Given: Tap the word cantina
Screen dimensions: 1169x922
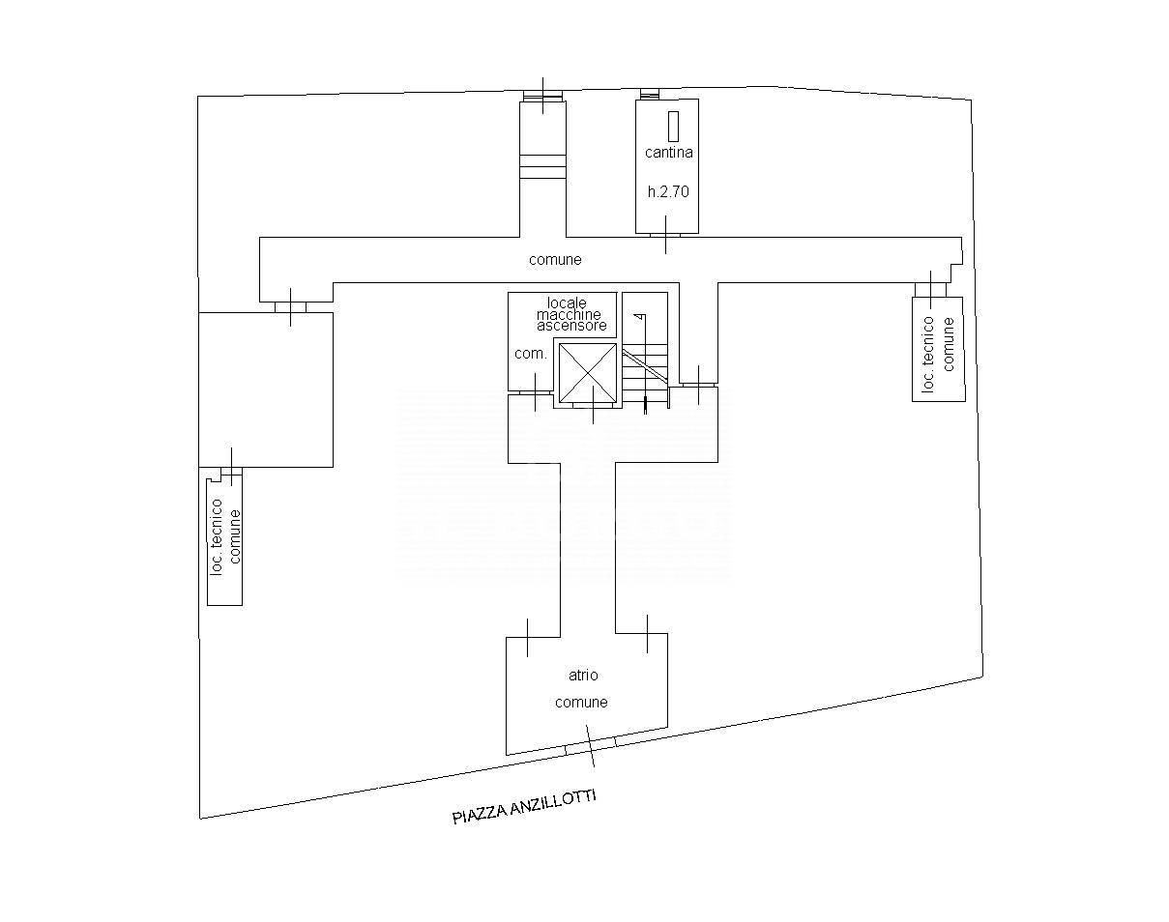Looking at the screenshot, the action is pyautogui.click(x=669, y=153).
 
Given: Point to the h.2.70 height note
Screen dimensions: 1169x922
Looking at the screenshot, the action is pyautogui.click(x=668, y=191).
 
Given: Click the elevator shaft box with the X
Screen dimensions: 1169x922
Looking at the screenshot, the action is pyautogui.click(x=588, y=373).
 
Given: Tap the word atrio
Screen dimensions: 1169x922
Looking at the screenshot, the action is pyautogui.click(x=583, y=675).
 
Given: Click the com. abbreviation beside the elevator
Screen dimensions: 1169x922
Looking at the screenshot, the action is pyautogui.click(x=530, y=354).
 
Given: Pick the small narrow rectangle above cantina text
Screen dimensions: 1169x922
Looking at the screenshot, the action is pyautogui.click(x=674, y=126).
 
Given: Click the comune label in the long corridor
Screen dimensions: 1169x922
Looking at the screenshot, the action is pyautogui.click(x=555, y=260).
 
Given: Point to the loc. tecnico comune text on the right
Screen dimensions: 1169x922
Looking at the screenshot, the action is pyautogui.click(x=938, y=354).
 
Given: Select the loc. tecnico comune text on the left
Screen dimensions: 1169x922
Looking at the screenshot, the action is pyautogui.click(x=225, y=536).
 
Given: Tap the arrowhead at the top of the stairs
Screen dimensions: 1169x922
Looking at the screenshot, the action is pyautogui.click(x=641, y=317).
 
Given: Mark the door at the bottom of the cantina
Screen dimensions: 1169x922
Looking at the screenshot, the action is pyautogui.click(x=665, y=235).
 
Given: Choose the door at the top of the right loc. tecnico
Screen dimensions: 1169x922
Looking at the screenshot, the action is pyautogui.click(x=930, y=289).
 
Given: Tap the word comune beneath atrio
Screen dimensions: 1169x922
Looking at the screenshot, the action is pyautogui.click(x=581, y=702).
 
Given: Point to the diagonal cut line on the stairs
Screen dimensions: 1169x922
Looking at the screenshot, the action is pyautogui.click(x=645, y=366).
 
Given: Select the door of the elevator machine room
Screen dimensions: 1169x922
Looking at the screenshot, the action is pyautogui.click(x=535, y=392).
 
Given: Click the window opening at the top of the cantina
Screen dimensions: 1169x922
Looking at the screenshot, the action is pyautogui.click(x=649, y=94).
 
